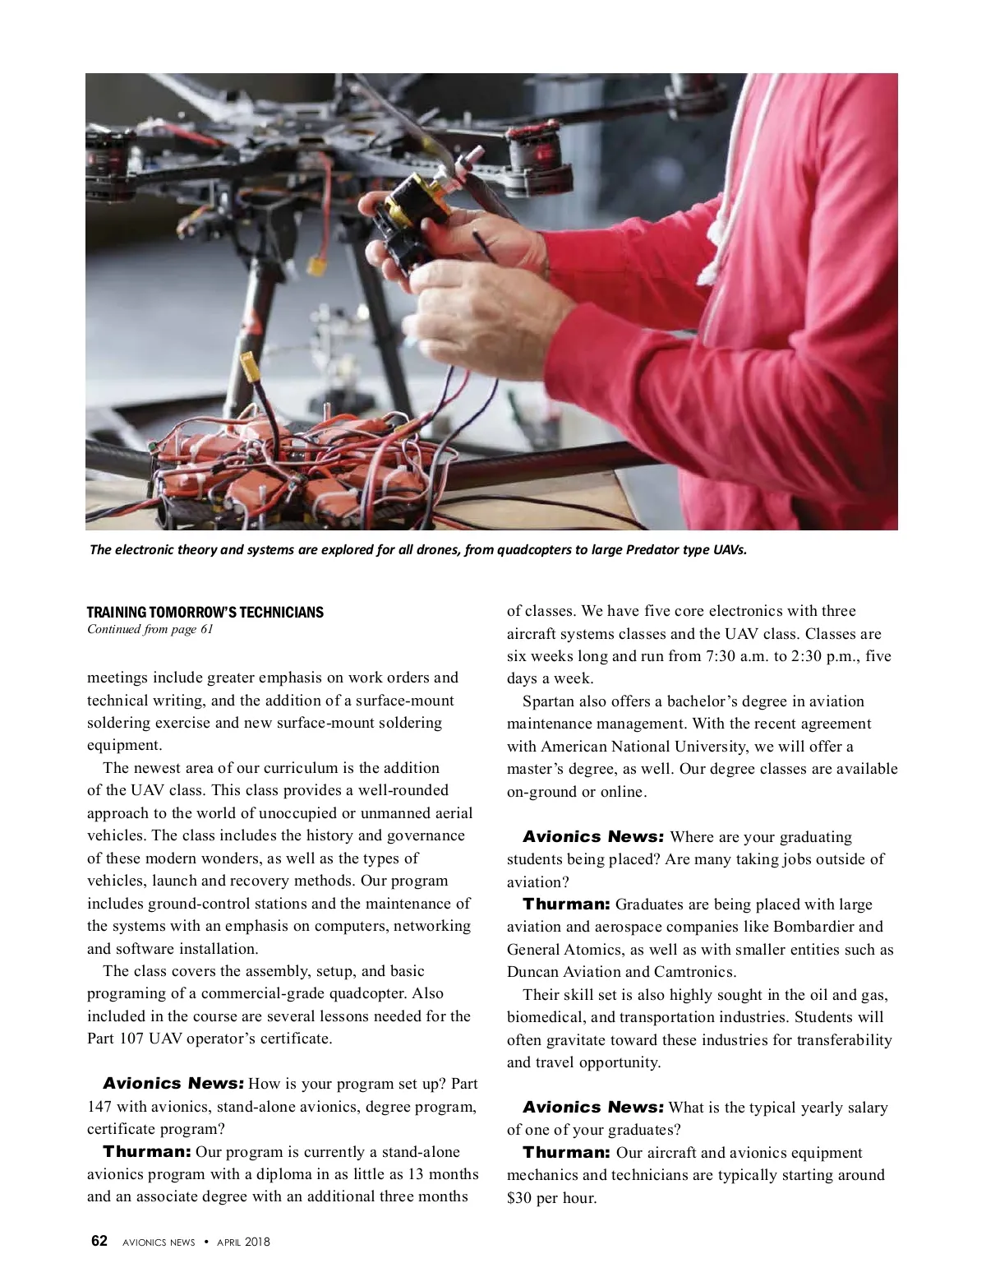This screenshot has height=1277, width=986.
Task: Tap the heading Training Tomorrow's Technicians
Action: [205, 613]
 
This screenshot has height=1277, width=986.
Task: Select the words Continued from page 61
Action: [150, 630]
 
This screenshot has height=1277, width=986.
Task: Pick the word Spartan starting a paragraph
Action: [548, 701]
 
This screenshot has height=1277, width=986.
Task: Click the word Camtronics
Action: [694, 972]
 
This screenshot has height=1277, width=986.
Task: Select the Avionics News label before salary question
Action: [592, 1108]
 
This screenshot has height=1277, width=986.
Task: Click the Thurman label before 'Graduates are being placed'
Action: [566, 905]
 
